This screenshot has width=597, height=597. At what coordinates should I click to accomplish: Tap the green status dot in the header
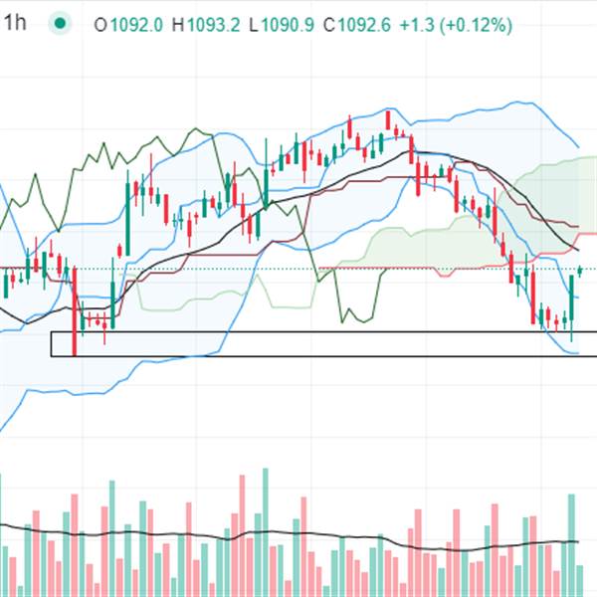[x=62, y=24]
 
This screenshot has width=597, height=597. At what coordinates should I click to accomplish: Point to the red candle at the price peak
[x=388, y=120]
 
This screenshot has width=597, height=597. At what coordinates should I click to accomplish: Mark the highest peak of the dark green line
[x=199, y=130]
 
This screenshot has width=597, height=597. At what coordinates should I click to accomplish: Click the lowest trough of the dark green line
[x=344, y=321]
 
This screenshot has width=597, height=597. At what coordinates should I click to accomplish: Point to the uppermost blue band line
[x=512, y=102]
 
